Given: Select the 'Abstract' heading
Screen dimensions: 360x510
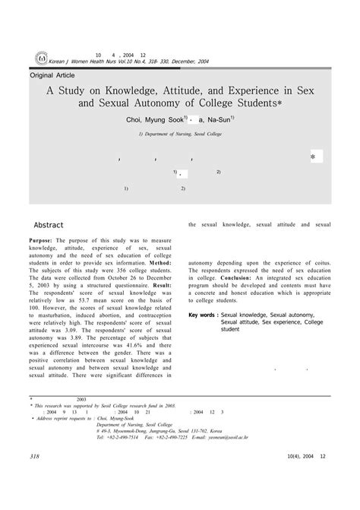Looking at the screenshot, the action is [49, 225].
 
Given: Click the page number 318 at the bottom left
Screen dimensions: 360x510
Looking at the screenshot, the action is [33, 477].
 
